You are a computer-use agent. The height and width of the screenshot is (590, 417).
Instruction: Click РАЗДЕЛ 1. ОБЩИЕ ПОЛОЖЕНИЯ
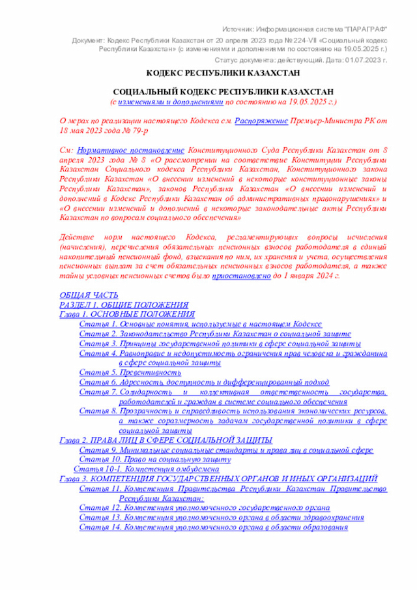(124, 304)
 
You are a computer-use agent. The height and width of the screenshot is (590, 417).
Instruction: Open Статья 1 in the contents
(200, 324)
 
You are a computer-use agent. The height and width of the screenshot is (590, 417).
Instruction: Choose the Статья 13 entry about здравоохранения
(222, 517)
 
